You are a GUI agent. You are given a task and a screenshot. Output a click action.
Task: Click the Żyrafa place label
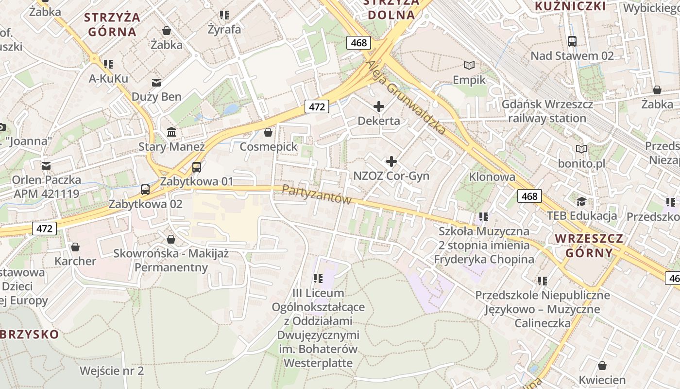pos(224,29)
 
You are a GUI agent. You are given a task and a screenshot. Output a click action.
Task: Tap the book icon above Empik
pos(469,65)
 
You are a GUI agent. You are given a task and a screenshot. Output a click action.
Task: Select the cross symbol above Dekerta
pos(379,106)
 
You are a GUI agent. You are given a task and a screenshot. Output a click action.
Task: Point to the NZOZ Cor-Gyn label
pos(391,176)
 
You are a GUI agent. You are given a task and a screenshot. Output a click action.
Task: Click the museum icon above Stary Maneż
pos(171,132)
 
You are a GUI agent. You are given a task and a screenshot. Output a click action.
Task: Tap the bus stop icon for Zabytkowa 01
pos(197,167)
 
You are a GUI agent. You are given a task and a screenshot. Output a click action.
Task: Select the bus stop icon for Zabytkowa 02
pos(145,190)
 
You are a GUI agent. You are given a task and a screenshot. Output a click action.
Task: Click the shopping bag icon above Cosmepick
pos(268,132)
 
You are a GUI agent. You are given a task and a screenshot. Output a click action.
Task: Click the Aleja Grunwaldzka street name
pos(406,97)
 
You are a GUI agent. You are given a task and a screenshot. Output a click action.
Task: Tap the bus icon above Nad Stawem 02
pos(572,41)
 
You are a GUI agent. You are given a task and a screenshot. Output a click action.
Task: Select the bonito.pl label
pos(581,163)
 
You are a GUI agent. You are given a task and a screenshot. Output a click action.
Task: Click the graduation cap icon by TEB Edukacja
pos(581,201)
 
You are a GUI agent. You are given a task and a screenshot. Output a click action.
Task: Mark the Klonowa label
pos(492,177)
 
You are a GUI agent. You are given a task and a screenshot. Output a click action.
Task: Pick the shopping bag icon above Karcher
pos(75,247)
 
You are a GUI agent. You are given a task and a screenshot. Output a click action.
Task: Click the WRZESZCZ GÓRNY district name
pos(589,246)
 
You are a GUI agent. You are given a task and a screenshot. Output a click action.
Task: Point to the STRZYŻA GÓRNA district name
pos(112,25)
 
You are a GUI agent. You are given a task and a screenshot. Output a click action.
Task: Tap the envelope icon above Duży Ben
pos(156,83)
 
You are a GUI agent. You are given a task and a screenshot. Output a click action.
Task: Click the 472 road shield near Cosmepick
pos(317,106)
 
